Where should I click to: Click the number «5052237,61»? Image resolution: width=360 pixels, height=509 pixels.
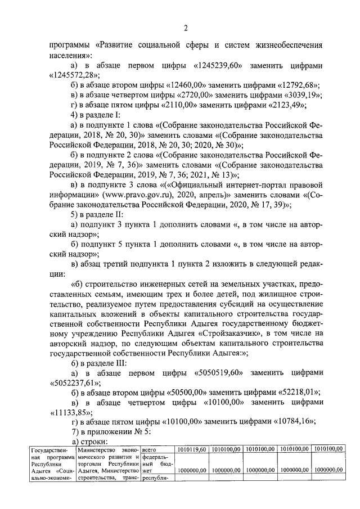click(x=74, y=382)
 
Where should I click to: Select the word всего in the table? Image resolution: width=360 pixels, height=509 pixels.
click(x=148, y=449)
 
